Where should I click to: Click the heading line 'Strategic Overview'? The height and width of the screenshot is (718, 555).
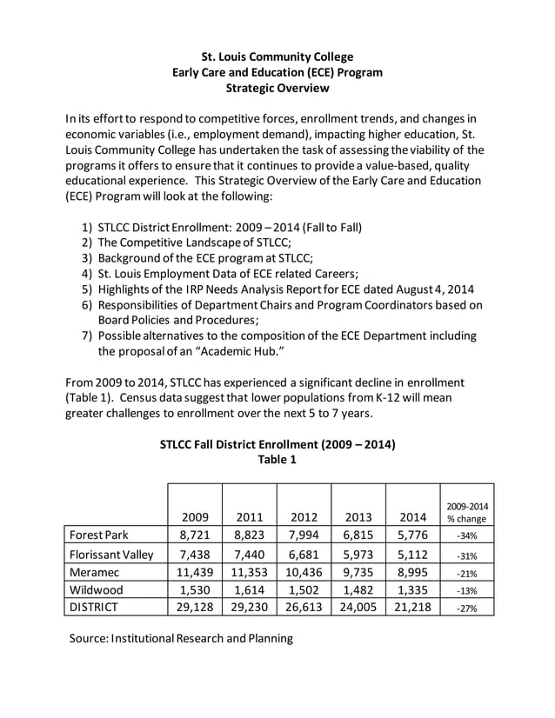point(277,88)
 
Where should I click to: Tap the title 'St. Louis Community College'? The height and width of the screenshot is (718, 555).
point(277,57)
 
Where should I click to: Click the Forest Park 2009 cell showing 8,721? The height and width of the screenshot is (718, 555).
point(195,535)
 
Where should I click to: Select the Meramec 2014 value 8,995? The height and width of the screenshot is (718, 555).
point(413,571)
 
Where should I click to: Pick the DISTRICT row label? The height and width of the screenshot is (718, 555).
point(93,607)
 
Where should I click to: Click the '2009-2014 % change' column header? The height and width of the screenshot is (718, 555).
point(467,511)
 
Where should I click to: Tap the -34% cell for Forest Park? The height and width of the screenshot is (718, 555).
point(467,535)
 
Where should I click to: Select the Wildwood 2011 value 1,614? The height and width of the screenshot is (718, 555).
point(249,588)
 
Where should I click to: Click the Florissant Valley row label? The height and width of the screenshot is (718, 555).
point(111,553)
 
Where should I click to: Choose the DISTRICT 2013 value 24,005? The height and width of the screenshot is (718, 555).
point(358,607)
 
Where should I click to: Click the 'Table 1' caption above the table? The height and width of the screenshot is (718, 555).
point(277,460)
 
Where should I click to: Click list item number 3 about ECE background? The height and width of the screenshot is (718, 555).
point(205,258)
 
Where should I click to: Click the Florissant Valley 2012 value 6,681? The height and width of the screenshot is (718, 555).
point(304,553)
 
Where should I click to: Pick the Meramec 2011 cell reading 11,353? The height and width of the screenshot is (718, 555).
point(249,571)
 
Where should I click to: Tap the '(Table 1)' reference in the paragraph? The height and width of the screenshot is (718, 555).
point(94,397)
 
